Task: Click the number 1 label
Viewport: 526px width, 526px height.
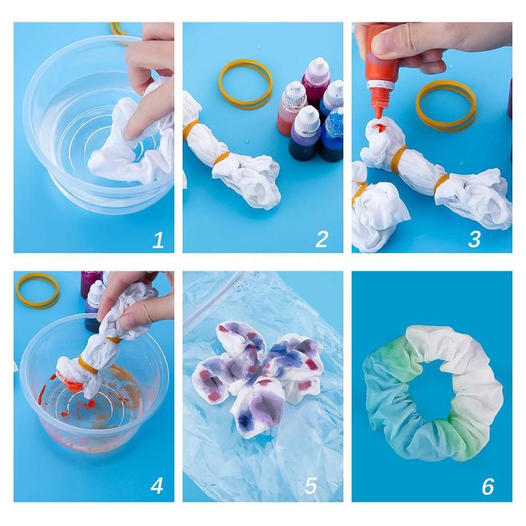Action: pos(158,240)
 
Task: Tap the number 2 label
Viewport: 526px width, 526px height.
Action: pos(321,240)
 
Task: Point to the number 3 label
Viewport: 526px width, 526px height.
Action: pos(474,240)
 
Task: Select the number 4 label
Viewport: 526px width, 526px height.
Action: pos(156,486)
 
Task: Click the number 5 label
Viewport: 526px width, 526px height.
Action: pos(311,487)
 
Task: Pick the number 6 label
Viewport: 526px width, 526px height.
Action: pos(487,487)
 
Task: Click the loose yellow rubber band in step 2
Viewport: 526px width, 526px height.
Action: pos(245,84)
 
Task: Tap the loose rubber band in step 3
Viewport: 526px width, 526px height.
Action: pos(446,105)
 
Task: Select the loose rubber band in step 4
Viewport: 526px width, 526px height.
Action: pos(37,291)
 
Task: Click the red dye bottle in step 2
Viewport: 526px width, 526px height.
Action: pos(291,108)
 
